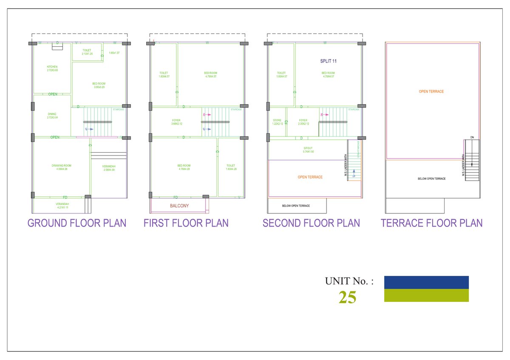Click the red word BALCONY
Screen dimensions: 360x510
[x=179, y=206]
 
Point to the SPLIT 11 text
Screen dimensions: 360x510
[x=329, y=61]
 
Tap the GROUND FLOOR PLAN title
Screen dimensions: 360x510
[x=77, y=223]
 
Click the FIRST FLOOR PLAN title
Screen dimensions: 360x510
[x=186, y=223]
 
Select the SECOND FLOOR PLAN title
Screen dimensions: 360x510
[x=311, y=223]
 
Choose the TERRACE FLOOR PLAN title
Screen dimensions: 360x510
[x=432, y=223]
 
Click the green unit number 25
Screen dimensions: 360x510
[x=347, y=298]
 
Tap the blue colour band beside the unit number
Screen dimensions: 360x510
[x=426, y=282]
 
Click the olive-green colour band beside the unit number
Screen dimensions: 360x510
[x=426, y=295]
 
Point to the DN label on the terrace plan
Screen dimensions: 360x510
[x=472, y=137]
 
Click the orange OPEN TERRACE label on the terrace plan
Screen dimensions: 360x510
[x=431, y=91]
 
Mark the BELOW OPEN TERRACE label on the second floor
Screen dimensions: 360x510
[x=296, y=206]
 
